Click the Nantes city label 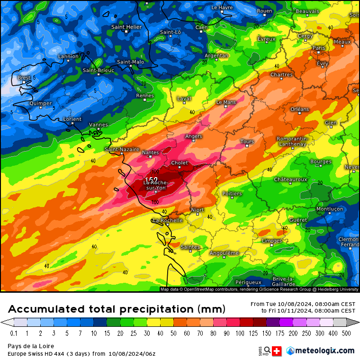coord(151,152)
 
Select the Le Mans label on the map coord(226,102)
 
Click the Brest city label coord(24,78)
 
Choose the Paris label coord(319,48)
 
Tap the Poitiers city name coord(232,193)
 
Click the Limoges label coord(272,241)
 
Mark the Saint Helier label coord(126,27)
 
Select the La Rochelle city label coord(168,220)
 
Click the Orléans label coord(299,109)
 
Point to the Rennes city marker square coord(145,100)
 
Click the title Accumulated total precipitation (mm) coord(117,309)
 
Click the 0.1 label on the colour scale coord(14,333)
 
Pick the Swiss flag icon coord(277,351)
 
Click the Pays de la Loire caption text coord(31,346)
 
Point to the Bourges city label coord(321,162)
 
